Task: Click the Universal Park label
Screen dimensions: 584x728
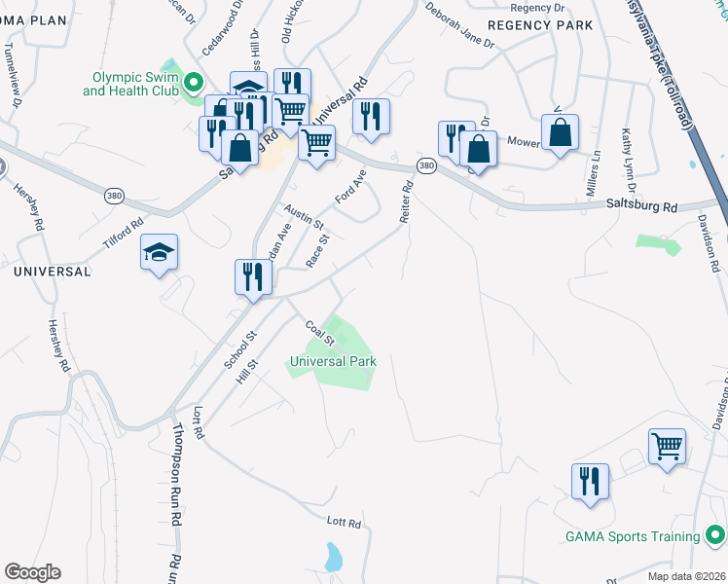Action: pyautogui.click(x=332, y=361)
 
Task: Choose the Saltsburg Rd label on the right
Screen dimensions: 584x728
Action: pyautogui.click(x=641, y=206)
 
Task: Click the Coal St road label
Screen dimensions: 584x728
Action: pyautogui.click(x=319, y=333)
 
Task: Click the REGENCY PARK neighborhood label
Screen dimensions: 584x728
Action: pyautogui.click(x=539, y=24)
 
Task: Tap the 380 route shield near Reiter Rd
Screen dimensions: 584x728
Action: pyautogui.click(x=426, y=166)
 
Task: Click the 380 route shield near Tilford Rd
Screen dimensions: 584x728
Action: pyautogui.click(x=115, y=195)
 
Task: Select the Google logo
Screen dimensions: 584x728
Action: pyautogui.click(x=32, y=572)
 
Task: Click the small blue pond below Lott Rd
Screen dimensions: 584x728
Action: pyautogui.click(x=334, y=558)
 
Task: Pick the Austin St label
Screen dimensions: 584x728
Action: pyautogui.click(x=304, y=216)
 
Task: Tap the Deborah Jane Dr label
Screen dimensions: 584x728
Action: pyautogui.click(x=459, y=24)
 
